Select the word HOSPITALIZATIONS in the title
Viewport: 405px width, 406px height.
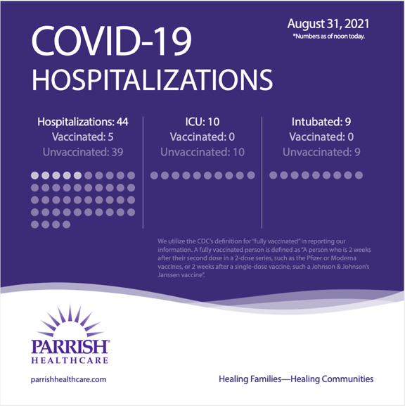(x=150, y=80)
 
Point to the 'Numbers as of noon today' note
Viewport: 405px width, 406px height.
(x=328, y=36)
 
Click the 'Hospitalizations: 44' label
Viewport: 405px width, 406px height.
(x=82, y=122)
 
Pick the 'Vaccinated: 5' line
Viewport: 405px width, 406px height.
(x=82, y=137)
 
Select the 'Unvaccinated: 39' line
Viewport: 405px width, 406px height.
(x=82, y=151)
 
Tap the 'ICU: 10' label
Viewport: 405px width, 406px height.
(x=202, y=122)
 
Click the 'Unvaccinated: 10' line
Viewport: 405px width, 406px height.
(x=202, y=151)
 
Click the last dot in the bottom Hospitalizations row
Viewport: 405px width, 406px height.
(x=67, y=224)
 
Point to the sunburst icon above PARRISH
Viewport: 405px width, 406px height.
(x=69, y=322)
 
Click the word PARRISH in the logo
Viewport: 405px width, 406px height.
(x=70, y=347)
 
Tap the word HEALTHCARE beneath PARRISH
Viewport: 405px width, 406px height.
(x=69, y=360)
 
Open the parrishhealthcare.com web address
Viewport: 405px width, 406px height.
(x=68, y=379)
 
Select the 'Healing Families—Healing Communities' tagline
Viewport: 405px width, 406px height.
(x=296, y=379)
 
